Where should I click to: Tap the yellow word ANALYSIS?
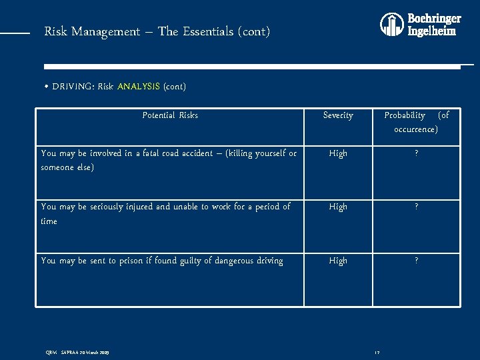click(138, 86)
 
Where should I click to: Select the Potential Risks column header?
click(170, 115)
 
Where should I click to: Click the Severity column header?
click(338, 115)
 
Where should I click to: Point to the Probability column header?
click(416, 122)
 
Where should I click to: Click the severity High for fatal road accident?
click(338, 153)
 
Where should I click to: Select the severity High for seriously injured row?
click(338, 207)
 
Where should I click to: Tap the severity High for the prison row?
click(338, 261)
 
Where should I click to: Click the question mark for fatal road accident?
click(416, 153)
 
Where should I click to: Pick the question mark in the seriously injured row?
click(416, 207)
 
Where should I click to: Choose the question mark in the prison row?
click(416, 261)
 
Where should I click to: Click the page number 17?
click(377, 353)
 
